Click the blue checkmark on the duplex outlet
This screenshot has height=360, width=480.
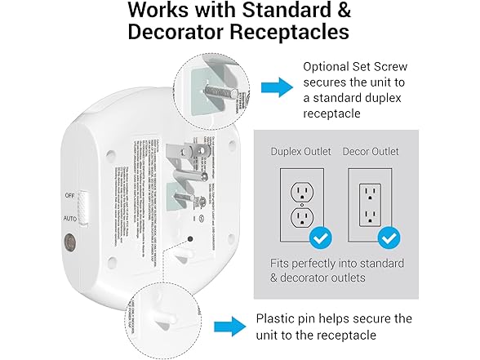pyautogui.click(x=321, y=238)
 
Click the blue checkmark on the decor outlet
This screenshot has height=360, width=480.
pyautogui.click(x=389, y=238)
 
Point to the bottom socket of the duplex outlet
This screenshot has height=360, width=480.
pyautogui.click(x=302, y=216)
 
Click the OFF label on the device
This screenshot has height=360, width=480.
pyautogui.click(x=71, y=196)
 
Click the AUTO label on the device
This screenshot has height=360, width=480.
pyautogui.click(x=71, y=219)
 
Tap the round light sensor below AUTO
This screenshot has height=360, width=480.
pyautogui.click(x=70, y=242)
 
